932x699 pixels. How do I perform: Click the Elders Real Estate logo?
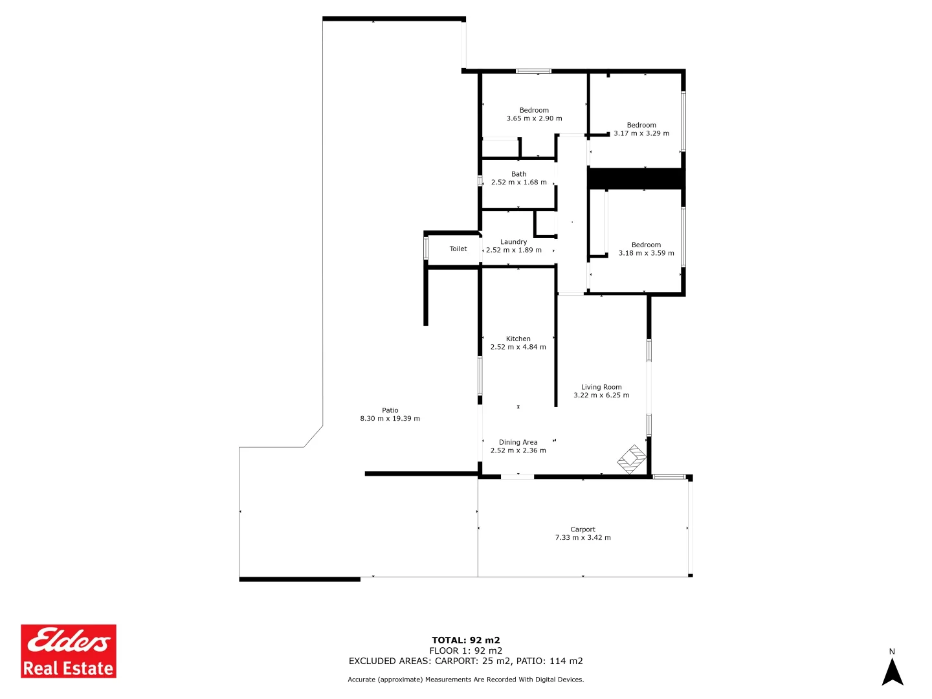[x=69, y=650]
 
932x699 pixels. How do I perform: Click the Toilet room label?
[x=458, y=249]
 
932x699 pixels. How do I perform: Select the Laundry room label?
[x=513, y=242]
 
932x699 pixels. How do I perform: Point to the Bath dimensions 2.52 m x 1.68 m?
[x=518, y=183]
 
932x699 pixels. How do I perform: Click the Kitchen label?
[x=518, y=338]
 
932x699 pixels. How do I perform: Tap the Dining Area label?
[x=518, y=442]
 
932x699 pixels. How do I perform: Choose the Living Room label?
[x=601, y=387]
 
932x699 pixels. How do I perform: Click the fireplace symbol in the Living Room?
[x=632, y=459]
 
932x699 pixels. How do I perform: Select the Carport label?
[x=582, y=529]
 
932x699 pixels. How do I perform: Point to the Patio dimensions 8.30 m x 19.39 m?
[x=390, y=419]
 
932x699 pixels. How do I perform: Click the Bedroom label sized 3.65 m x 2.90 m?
[x=534, y=111]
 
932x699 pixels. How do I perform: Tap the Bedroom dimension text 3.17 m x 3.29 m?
[x=641, y=133]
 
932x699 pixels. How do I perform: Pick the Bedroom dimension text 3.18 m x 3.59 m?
[x=646, y=253]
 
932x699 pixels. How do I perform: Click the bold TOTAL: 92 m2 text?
[x=466, y=640]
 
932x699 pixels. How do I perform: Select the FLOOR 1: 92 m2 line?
[x=466, y=650]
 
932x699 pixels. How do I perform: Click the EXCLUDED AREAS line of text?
[x=466, y=661]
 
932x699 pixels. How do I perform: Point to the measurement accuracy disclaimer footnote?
[x=466, y=680]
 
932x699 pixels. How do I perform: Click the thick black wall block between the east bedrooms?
[x=636, y=178]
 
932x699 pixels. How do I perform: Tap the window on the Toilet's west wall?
[x=426, y=249]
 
